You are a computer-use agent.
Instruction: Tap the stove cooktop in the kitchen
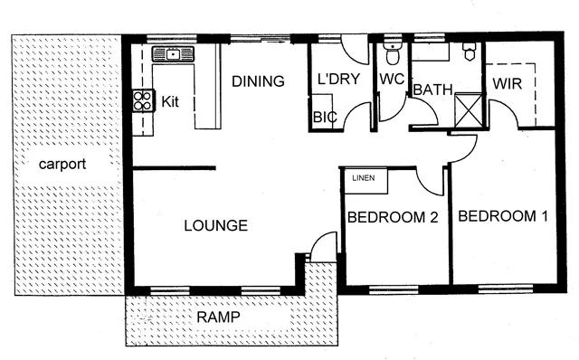click(x=143, y=99)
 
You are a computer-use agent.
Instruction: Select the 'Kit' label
click(x=170, y=101)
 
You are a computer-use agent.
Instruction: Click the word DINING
click(x=258, y=81)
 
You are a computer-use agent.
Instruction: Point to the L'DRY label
click(x=339, y=80)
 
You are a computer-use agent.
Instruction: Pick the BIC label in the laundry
click(x=324, y=117)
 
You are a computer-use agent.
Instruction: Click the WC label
click(x=391, y=80)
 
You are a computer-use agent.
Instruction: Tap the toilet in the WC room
click(x=391, y=49)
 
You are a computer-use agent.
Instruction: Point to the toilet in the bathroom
click(x=469, y=52)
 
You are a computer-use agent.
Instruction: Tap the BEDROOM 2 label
click(x=393, y=217)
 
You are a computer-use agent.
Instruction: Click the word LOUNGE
click(x=216, y=225)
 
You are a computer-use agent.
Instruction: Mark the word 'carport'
click(x=62, y=165)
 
